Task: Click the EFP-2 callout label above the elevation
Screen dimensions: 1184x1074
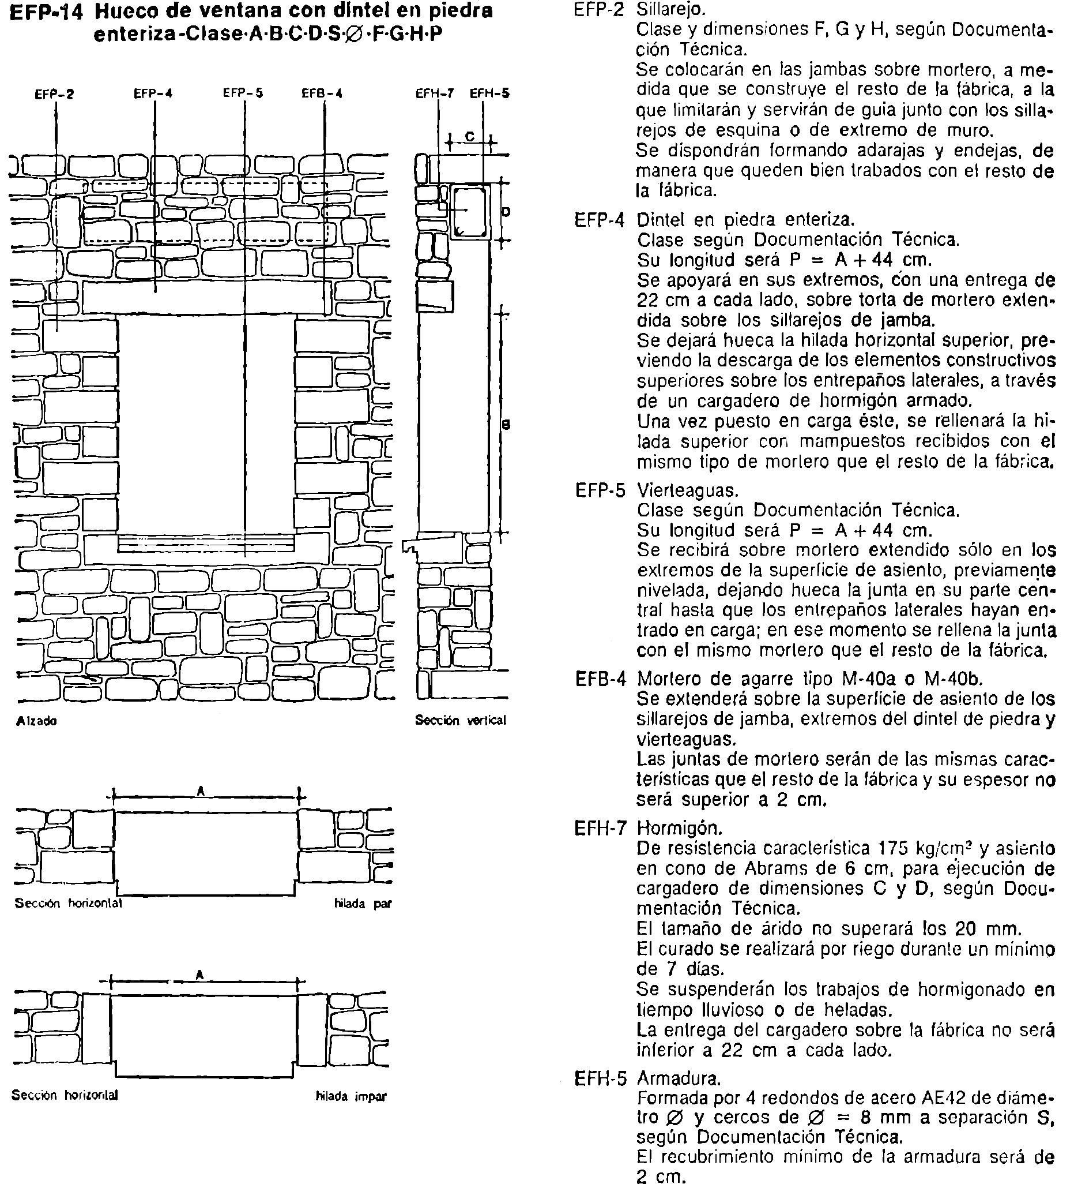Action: [x=54, y=94]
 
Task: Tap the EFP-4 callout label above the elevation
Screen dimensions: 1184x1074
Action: [x=153, y=93]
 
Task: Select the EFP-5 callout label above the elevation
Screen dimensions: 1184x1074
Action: [x=243, y=93]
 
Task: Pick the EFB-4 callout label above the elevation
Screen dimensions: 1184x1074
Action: [x=322, y=93]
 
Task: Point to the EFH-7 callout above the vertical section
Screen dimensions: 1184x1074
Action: [x=435, y=93]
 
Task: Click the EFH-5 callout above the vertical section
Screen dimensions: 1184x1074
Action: [x=489, y=93]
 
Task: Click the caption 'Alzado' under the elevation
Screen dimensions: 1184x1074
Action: [x=36, y=721]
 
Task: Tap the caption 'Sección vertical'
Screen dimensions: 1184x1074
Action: [x=461, y=721]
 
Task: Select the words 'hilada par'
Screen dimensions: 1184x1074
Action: [x=363, y=904]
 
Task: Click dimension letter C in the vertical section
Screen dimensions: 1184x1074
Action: [x=469, y=137]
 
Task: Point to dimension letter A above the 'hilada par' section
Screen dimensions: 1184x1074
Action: [x=201, y=791]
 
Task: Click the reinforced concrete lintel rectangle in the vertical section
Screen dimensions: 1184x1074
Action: [x=470, y=211]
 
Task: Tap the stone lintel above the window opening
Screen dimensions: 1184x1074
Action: [x=205, y=298]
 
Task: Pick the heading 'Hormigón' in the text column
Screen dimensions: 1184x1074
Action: [x=679, y=828]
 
